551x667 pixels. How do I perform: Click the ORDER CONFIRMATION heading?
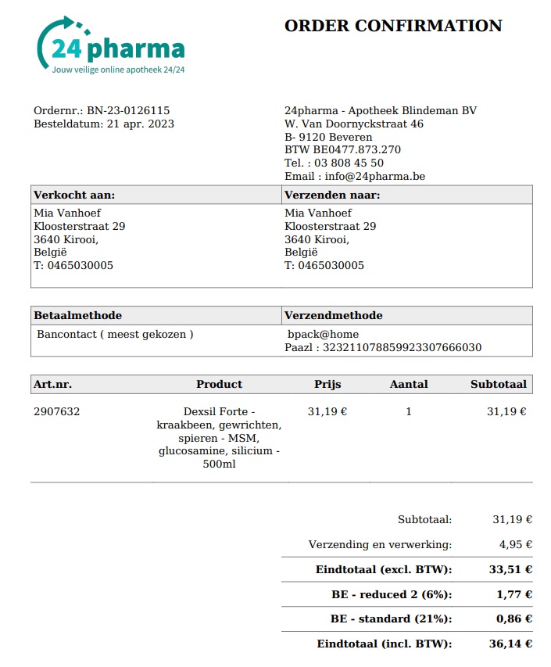pyautogui.click(x=392, y=26)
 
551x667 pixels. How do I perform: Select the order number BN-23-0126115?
pyautogui.click(x=128, y=110)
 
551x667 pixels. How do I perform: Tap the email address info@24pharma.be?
pyautogui.click(x=375, y=177)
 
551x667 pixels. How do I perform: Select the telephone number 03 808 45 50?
pyautogui.click(x=349, y=163)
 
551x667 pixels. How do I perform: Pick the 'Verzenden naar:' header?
pyautogui.click(x=332, y=195)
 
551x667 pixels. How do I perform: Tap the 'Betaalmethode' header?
pyautogui.click(x=78, y=315)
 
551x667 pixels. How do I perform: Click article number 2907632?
pyautogui.click(x=56, y=411)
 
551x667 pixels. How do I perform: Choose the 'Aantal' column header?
pyautogui.click(x=409, y=384)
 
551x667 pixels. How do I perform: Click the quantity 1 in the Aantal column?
pyautogui.click(x=409, y=411)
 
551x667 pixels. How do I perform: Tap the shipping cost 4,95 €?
pyautogui.click(x=516, y=544)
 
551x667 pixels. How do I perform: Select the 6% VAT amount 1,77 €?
pyautogui.click(x=514, y=594)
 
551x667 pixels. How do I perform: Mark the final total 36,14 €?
pyautogui.click(x=511, y=644)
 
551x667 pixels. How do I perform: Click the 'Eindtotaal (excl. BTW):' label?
pyautogui.click(x=384, y=569)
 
